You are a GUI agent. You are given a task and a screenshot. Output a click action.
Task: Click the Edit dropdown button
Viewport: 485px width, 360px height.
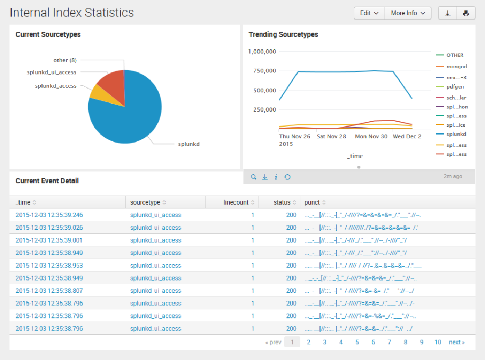tap(369, 13)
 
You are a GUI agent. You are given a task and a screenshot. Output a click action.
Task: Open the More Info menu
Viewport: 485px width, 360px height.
tap(408, 13)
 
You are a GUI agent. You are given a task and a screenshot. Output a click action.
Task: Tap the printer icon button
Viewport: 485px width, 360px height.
tap(466, 13)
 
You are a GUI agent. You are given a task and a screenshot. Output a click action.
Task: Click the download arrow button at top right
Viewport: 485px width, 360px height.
tap(448, 13)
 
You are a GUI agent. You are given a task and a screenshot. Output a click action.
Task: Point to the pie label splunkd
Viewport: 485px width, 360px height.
tap(189, 144)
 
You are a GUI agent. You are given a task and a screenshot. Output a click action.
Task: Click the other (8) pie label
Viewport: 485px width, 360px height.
tap(65, 60)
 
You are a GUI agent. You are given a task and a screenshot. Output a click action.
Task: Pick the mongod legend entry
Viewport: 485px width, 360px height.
tap(457, 67)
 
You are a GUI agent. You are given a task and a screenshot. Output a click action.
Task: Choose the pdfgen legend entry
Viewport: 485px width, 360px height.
tap(455, 87)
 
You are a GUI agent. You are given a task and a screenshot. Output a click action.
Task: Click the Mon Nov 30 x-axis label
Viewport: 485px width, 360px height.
tap(371, 136)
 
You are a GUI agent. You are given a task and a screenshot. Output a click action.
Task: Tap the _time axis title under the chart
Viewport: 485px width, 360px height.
tap(355, 156)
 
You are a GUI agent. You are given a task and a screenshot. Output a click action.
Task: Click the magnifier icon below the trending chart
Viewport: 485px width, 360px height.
tap(253, 177)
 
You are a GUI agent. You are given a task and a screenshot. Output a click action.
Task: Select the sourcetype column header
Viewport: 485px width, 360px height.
tap(145, 202)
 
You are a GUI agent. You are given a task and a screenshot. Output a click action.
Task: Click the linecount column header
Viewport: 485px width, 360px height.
tap(236, 202)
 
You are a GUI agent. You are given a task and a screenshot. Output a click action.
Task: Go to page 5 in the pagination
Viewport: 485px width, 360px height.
tap(357, 342)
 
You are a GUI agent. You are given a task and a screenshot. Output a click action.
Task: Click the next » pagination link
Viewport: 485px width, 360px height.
tap(457, 342)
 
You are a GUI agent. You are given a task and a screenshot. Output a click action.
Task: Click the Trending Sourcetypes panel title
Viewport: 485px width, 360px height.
tap(283, 35)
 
